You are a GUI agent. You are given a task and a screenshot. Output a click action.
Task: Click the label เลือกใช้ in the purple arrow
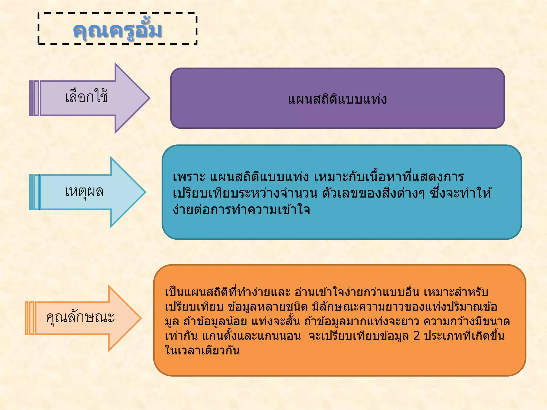[x=87, y=97]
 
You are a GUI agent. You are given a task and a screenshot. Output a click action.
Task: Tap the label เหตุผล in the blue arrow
[x=84, y=192]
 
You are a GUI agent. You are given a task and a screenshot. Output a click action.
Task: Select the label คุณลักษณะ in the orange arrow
[x=80, y=318]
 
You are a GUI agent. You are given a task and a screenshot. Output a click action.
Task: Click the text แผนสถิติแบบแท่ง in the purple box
[x=337, y=99]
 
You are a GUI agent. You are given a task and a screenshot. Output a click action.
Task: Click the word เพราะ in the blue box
[x=189, y=177]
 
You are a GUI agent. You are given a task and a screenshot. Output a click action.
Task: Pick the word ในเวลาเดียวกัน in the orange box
[x=202, y=350]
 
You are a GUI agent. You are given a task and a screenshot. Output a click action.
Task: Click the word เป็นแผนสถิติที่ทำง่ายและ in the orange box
[x=228, y=292]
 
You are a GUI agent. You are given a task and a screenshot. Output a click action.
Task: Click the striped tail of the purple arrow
[x=34, y=98]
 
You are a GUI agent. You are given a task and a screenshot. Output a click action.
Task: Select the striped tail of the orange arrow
[x=30, y=318]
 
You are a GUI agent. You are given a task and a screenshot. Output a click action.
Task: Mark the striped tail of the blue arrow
[x=34, y=192]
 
